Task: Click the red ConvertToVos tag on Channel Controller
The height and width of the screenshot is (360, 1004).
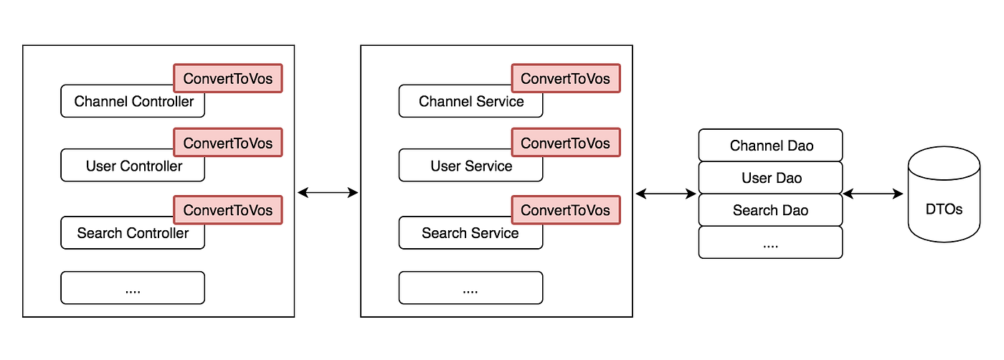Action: (228, 78)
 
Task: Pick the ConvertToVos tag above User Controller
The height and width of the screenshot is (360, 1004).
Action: (228, 143)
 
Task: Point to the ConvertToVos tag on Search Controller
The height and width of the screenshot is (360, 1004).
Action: (228, 209)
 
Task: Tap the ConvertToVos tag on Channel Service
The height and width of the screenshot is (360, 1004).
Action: (565, 78)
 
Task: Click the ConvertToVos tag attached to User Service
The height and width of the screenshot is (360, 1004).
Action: (565, 143)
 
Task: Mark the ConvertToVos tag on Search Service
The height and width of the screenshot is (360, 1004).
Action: (565, 209)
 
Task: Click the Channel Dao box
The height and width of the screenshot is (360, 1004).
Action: (771, 146)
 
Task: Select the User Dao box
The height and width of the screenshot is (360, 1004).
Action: (771, 178)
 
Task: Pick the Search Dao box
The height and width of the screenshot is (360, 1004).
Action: (771, 210)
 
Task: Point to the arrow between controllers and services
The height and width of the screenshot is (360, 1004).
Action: (328, 192)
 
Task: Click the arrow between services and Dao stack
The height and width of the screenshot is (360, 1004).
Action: (666, 194)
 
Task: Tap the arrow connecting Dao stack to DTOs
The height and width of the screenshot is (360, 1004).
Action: (873, 194)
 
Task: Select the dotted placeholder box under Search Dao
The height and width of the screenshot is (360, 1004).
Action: (771, 242)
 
